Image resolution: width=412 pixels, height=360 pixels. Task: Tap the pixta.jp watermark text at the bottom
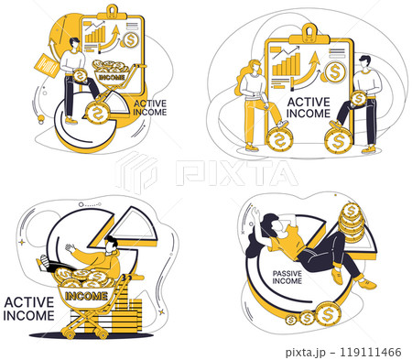tap(312, 351)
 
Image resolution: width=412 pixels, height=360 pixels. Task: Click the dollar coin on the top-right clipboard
tap(336, 72)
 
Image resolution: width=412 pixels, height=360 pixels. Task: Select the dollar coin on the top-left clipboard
tap(133, 40)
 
